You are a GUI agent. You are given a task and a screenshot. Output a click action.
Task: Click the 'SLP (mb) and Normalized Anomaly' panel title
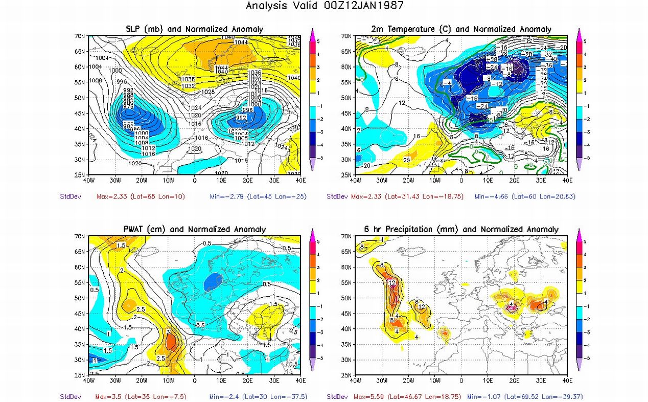point(195,29)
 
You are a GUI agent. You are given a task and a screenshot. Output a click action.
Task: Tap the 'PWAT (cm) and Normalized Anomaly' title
point(195,230)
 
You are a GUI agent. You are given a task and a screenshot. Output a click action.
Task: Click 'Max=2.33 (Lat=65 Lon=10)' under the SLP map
point(141,196)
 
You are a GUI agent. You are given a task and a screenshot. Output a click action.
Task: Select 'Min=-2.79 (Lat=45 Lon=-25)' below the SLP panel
point(258,196)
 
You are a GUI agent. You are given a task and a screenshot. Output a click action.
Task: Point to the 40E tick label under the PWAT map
point(300,381)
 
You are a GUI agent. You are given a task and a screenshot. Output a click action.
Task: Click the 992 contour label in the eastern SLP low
point(241,117)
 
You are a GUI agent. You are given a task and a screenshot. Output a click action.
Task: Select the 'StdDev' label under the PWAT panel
point(69,396)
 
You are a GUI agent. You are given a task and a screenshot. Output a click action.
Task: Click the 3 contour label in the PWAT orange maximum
point(168,332)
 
